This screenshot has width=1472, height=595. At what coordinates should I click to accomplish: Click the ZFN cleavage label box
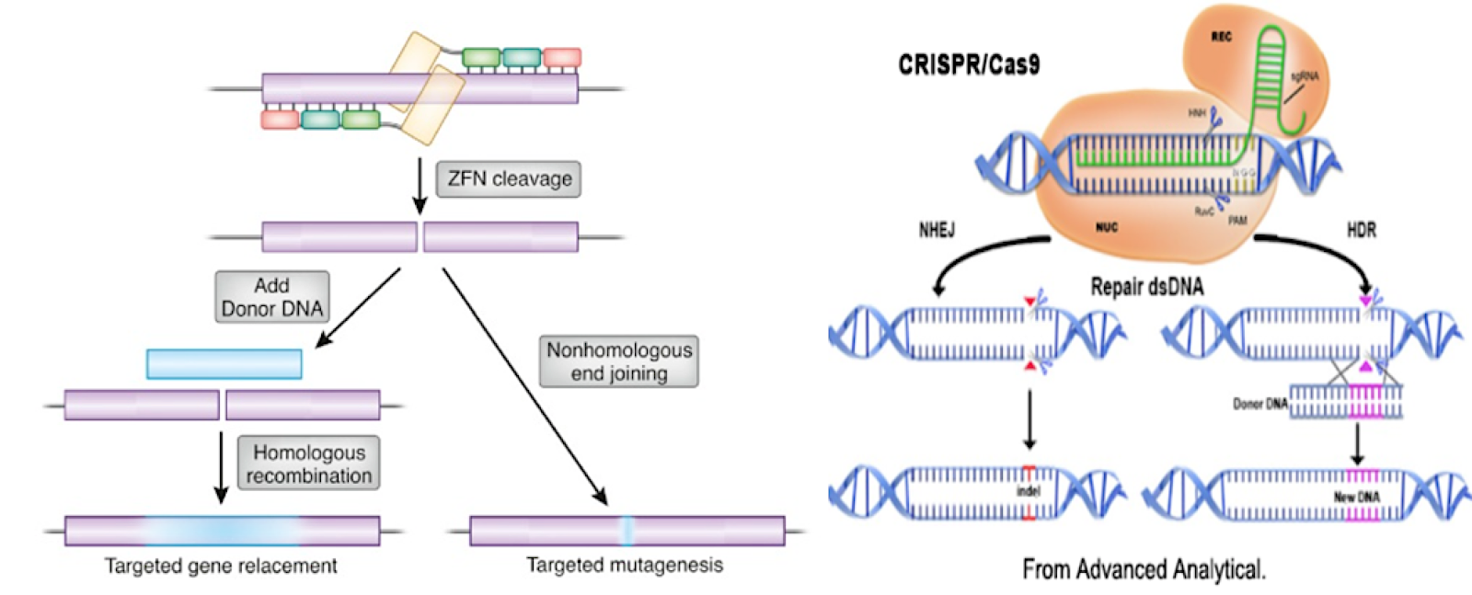509,178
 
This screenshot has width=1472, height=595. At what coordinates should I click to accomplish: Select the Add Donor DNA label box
272,297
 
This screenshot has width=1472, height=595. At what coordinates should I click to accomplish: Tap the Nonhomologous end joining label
618,361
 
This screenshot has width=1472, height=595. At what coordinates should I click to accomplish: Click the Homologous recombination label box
309,463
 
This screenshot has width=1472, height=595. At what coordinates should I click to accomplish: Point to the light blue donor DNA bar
224,364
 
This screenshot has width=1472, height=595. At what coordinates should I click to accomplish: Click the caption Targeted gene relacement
221,566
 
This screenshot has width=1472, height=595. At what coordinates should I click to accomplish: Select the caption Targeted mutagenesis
625,565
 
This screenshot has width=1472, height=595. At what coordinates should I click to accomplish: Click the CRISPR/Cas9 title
969,64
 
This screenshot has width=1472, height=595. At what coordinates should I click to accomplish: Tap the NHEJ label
937,230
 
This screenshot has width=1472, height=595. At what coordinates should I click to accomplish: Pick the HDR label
1361,230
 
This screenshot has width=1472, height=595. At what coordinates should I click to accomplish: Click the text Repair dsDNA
1146,287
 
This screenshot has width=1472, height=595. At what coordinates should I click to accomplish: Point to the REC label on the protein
1221,37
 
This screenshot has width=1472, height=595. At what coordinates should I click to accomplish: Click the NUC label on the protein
1106,227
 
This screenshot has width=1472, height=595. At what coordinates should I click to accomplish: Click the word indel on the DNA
1028,491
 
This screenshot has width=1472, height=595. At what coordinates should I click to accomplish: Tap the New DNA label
1356,497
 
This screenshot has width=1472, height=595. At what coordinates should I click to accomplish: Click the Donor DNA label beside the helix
1259,404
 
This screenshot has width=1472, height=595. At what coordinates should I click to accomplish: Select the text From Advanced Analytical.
1144,569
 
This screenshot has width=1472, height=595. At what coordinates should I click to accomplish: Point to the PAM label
1237,221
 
